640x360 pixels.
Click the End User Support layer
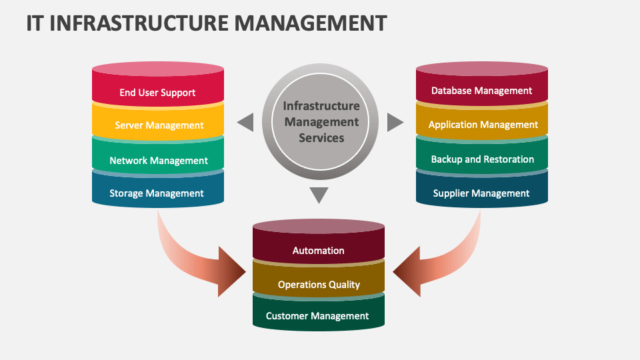pos(157,92)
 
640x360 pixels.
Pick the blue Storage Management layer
pos(157,193)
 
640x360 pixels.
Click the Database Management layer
pos(481,91)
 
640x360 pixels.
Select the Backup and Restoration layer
pos(482,159)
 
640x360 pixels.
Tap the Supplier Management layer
pos(481,193)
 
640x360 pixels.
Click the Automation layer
pos(318,251)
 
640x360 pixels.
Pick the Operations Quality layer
pos(319,285)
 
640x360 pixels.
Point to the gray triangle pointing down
pos(320,195)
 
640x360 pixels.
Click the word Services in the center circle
pos(321,138)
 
